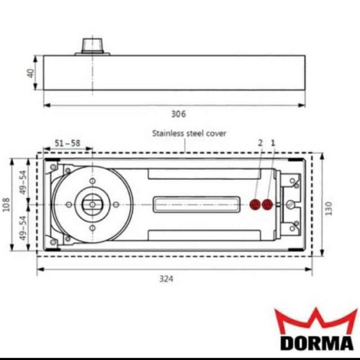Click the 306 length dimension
pyautogui.click(x=178, y=114)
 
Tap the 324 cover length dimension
pyautogui.click(x=166, y=279)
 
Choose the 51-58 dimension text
pyautogui.click(x=67, y=143)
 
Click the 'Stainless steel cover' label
pyautogui.click(x=189, y=133)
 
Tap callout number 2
pyautogui.click(x=260, y=142)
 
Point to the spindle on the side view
pyautogui.click(x=92, y=45)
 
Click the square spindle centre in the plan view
pyautogui.click(x=92, y=204)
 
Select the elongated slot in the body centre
pyautogui.click(x=195, y=204)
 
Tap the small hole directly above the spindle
pyautogui.click(x=92, y=181)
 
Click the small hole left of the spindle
pyautogui.click(x=68, y=204)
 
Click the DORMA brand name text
pyautogui.click(x=317, y=342)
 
